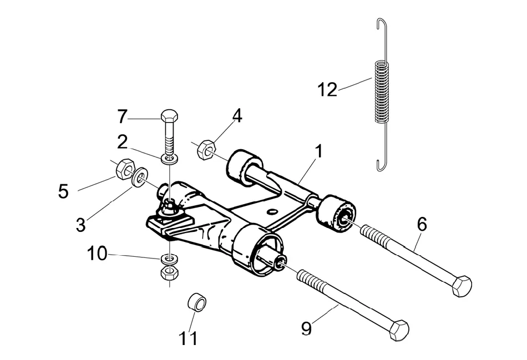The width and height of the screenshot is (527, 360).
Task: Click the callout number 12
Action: point(327,90)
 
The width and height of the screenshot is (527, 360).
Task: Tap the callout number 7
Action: point(123,116)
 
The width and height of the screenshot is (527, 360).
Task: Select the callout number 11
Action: point(188,338)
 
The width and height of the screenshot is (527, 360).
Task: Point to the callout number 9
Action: point(307,328)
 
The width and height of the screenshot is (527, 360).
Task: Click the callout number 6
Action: point(422,224)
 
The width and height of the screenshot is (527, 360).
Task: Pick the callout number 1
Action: point(318,151)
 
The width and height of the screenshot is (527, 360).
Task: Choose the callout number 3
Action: point(80,225)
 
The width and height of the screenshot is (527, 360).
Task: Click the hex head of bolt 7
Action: point(170,116)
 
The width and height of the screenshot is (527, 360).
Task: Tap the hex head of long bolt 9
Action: point(399,330)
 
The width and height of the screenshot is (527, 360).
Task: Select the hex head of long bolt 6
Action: point(462,286)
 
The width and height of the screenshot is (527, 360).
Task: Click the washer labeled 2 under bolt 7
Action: point(170,159)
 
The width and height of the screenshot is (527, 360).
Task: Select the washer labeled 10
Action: point(169,260)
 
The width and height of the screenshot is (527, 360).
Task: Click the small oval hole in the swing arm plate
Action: point(272,211)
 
